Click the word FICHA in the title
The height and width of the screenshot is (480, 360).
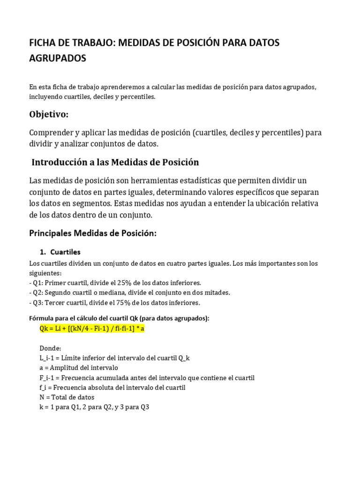tap(43, 43)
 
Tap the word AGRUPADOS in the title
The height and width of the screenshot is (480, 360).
tap(58, 59)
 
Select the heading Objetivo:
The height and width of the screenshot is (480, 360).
tap(49, 114)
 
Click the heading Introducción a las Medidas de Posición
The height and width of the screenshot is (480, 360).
tap(115, 162)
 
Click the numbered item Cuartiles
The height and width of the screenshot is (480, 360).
tap(65, 252)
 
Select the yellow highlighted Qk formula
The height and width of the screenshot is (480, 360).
tap(92, 329)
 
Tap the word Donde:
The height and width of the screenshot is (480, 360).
tap(50, 348)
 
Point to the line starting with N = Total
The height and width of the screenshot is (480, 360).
tap(67, 397)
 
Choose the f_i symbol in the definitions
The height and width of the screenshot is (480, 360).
tap(45, 387)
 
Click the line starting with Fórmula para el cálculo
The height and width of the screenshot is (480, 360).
tap(119, 318)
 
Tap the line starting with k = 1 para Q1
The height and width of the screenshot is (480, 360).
tap(94, 407)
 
